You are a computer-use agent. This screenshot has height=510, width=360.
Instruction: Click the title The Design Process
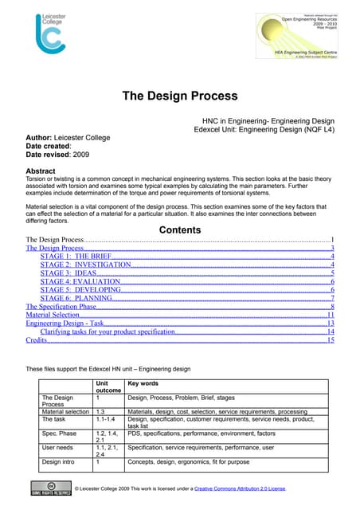(179, 96)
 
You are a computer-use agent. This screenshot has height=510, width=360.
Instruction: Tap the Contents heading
(179, 230)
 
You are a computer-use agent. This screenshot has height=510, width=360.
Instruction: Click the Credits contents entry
(36, 340)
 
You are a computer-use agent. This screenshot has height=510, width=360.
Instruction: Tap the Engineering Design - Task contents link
(65, 324)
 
